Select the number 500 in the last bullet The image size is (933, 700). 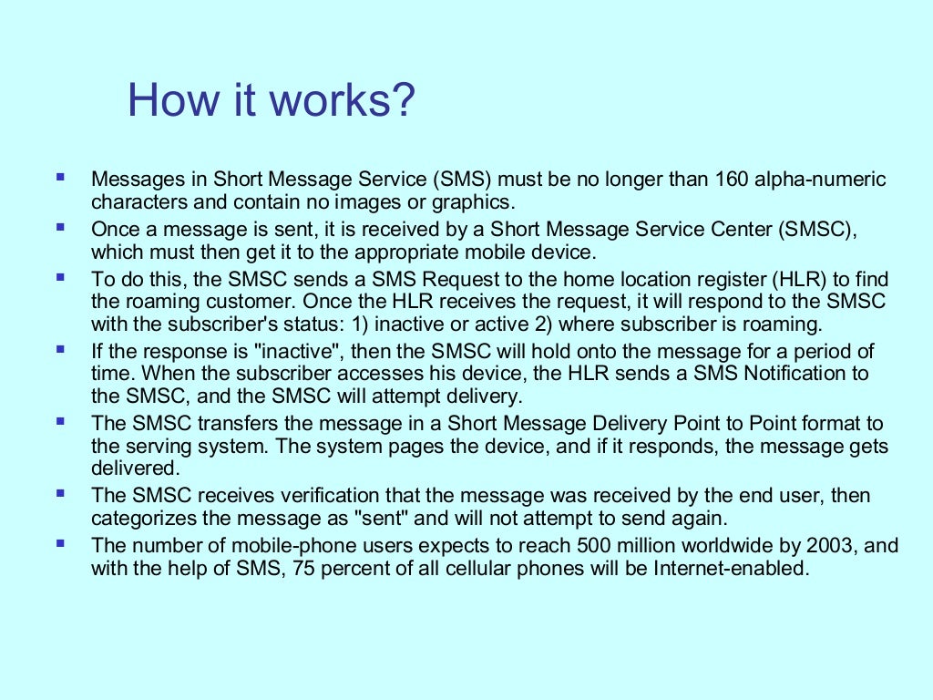pyautogui.click(x=593, y=547)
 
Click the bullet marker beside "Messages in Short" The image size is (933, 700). pyautogui.click(x=60, y=176)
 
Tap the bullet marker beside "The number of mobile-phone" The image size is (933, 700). pyautogui.click(x=60, y=543)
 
